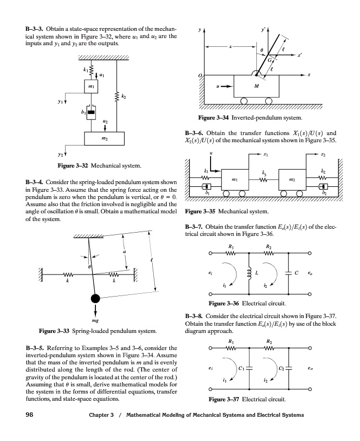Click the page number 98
tap(29, 415)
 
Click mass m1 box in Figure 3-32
tap(91, 87)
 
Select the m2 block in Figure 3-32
tap(104, 138)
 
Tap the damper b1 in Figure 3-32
tap(91, 112)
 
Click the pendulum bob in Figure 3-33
tap(95, 298)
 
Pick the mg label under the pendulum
tap(95, 320)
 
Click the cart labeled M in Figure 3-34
tap(256, 86)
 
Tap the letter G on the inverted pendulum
tap(270, 60)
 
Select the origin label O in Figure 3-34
tap(200, 76)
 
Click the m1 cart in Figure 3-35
tap(235, 180)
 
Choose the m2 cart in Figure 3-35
tap(292, 180)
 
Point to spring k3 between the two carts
tap(264, 180)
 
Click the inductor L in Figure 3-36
tap(249, 273)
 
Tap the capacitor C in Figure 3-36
tap(288, 273)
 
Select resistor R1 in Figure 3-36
tap(230, 254)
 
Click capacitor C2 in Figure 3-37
tap(288, 368)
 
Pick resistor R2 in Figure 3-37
tap(269, 348)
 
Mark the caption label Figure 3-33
tap(54, 331)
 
